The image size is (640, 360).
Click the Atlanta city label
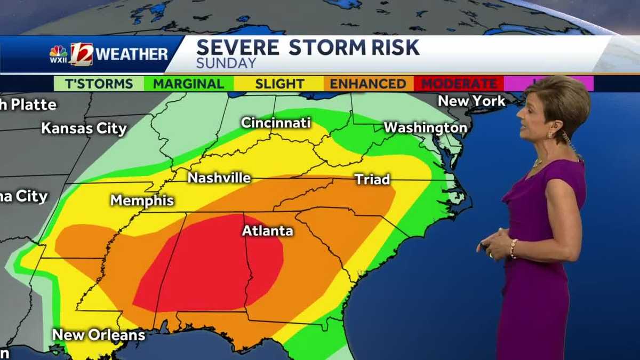click(267, 231)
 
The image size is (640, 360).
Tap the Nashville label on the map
click(219, 178)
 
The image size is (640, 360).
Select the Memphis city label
click(142, 201)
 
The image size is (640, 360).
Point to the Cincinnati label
click(276, 123)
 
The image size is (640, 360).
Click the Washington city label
click(426, 128)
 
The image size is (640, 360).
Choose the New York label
click(471, 101)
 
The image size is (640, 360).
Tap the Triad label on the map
click(372, 180)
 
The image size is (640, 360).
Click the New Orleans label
click(99, 335)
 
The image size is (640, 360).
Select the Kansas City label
click(84, 129)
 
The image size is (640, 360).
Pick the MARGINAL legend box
click(188, 84)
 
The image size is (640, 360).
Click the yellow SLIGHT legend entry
click(279, 84)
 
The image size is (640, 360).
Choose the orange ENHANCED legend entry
click(368, 84)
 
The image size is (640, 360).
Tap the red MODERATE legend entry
click(459, 84)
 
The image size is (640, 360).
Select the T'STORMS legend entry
click(99, 84)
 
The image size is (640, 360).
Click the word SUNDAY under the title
click(226, 63)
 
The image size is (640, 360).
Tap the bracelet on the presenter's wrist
click(513, 249)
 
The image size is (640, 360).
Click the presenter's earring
click(549, 135)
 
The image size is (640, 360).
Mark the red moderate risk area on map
click(211, 267)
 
